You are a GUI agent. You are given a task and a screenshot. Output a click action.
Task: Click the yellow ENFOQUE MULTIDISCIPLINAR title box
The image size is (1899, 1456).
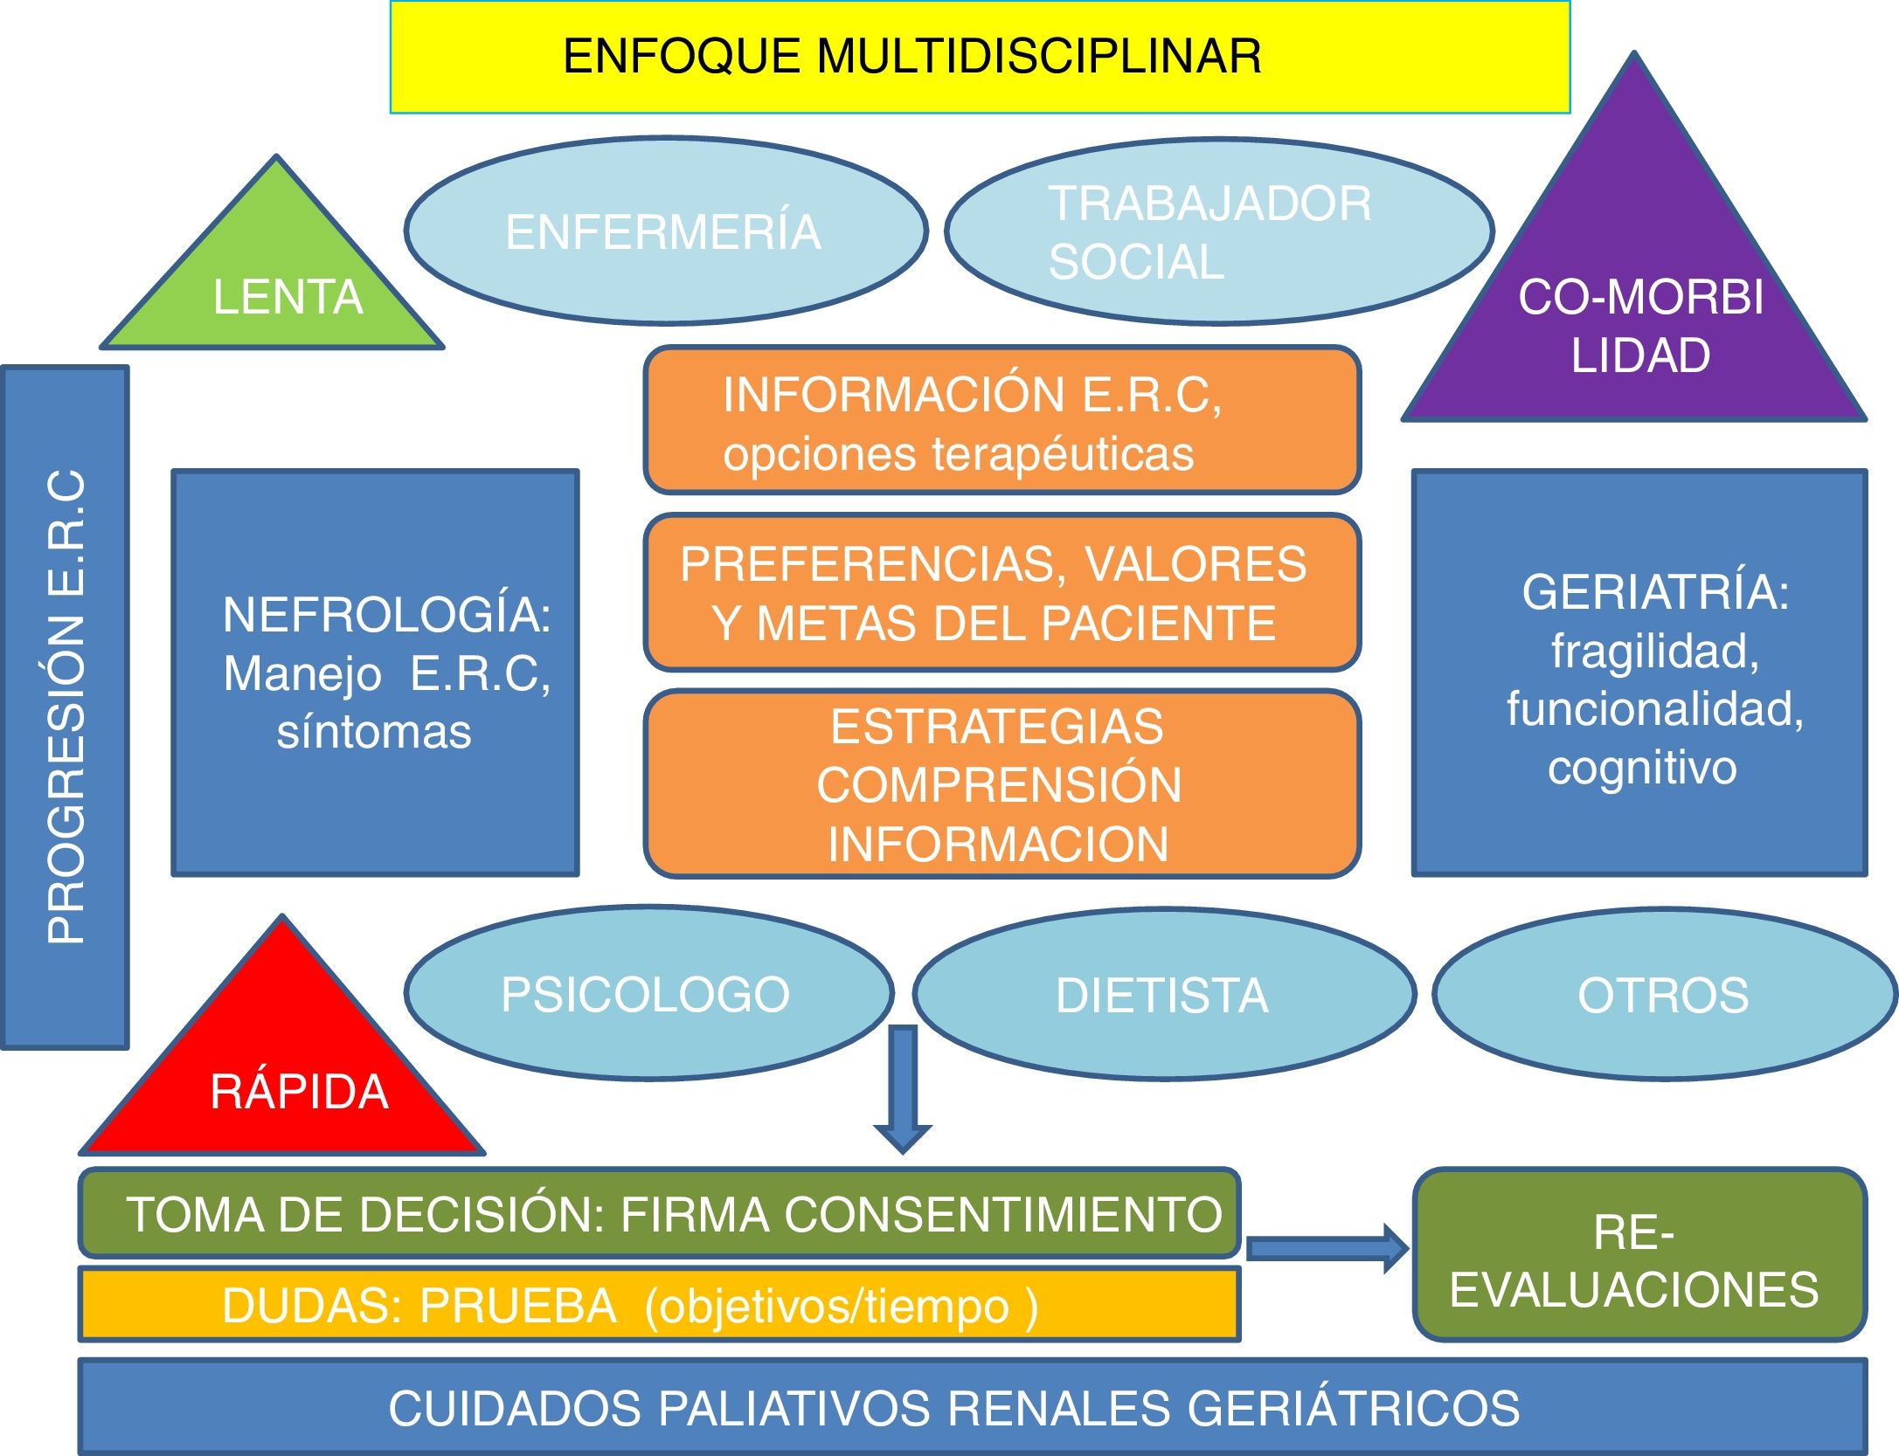click(x=979, y=57)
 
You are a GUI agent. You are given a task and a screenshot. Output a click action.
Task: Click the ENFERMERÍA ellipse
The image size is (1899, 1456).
click(x=664, y=231)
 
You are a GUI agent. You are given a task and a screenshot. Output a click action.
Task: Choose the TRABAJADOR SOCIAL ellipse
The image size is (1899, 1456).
click(x=1218, y=231)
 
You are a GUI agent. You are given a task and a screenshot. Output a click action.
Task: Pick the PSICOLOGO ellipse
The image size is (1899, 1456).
click(x=647, y=994)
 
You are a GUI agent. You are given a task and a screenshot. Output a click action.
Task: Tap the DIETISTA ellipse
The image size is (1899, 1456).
click(x=1162, y=994)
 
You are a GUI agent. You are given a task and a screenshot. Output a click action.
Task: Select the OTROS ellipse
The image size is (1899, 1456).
click(x=1663, y=994)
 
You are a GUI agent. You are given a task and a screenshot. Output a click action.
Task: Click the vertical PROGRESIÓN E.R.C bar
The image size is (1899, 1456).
click(x=66, y=707)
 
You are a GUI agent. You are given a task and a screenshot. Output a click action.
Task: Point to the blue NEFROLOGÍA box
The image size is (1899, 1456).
click(x=376, y=673)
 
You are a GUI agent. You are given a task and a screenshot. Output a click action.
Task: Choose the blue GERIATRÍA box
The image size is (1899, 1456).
click(x=1639, y=673)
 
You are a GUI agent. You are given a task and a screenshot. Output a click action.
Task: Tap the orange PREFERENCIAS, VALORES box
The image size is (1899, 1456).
click(x=1002, y=593)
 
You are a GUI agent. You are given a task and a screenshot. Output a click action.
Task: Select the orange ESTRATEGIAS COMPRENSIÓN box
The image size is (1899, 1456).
click(x=1002, y=783)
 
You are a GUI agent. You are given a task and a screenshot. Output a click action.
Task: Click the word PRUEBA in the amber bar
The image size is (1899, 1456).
click(x=518, y=1307)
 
